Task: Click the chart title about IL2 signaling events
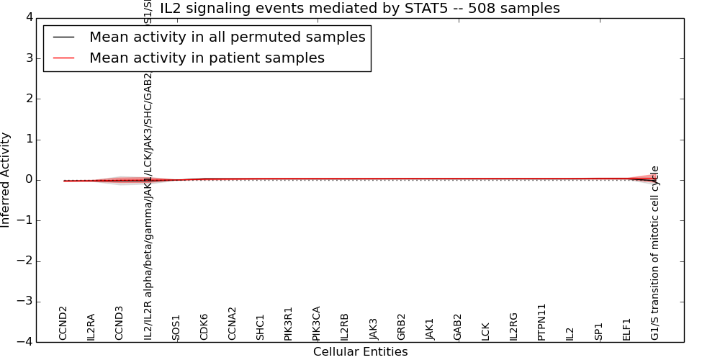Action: coord(359,9)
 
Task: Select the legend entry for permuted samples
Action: coord(227,37)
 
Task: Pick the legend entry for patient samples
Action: coord(207,58)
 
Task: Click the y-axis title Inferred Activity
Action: coord(6,180)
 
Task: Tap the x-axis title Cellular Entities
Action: coord(360,352)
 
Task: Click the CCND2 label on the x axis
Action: coord(63,323)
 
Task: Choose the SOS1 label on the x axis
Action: coord(176,328)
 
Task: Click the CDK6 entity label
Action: coord(204,327)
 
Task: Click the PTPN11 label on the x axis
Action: coord(541,322)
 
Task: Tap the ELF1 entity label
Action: coord(626,329)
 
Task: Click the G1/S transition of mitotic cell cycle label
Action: coord(654,253)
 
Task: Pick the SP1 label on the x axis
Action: coord(598,331)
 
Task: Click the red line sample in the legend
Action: coord(63,58)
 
